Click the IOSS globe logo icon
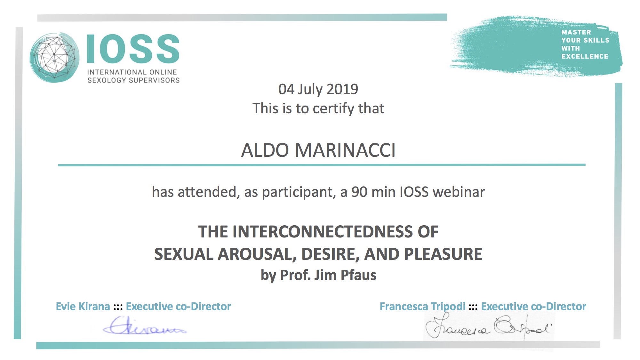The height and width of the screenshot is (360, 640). pos(54,58)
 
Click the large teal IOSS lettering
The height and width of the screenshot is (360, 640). pos(133,49)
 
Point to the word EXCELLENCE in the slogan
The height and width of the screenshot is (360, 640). pos(585,56)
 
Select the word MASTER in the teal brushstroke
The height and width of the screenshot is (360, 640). pos(576,32)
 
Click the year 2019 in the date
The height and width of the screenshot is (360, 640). pos(342,89)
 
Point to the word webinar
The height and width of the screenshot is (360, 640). pos(459,192)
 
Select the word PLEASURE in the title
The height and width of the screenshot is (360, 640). pos(443,254)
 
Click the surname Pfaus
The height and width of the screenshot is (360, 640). pos(358,275)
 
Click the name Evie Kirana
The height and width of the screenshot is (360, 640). pos(83,306)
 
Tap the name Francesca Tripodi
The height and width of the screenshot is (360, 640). pos(422,307)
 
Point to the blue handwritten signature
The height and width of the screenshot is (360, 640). pos(145,326)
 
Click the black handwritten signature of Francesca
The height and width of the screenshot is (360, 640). pos(489,327)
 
